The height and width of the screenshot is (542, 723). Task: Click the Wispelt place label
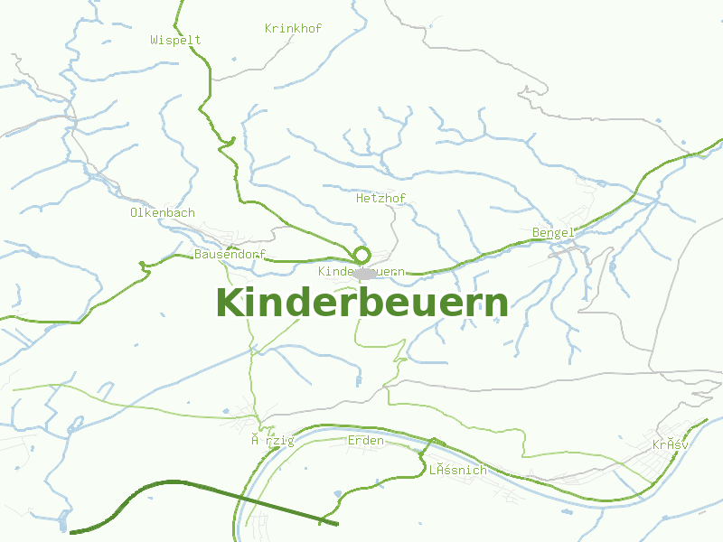pos(175,40)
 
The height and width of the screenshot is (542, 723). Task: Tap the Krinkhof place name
pos(293,28)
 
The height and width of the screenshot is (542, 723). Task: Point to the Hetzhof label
pos(380,198)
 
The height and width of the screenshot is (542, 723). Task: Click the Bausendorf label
pos(230,254)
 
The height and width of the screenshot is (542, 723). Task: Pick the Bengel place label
pos(553,233)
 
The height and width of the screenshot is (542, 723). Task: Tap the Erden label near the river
pos(366,441)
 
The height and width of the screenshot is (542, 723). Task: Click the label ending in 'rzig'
pos(273,441)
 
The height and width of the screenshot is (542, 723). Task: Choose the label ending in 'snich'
pos(457,470)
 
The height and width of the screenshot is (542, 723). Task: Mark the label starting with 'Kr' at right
pos(670,445)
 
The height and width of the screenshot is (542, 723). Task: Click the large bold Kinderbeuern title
pos(361,303)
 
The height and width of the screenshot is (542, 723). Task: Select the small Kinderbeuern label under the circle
pos(361,271)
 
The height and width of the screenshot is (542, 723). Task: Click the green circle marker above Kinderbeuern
pos(362,255)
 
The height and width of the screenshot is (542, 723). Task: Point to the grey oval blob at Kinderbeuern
pos(365,273)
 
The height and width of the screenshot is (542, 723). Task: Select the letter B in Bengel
pos(536,233)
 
